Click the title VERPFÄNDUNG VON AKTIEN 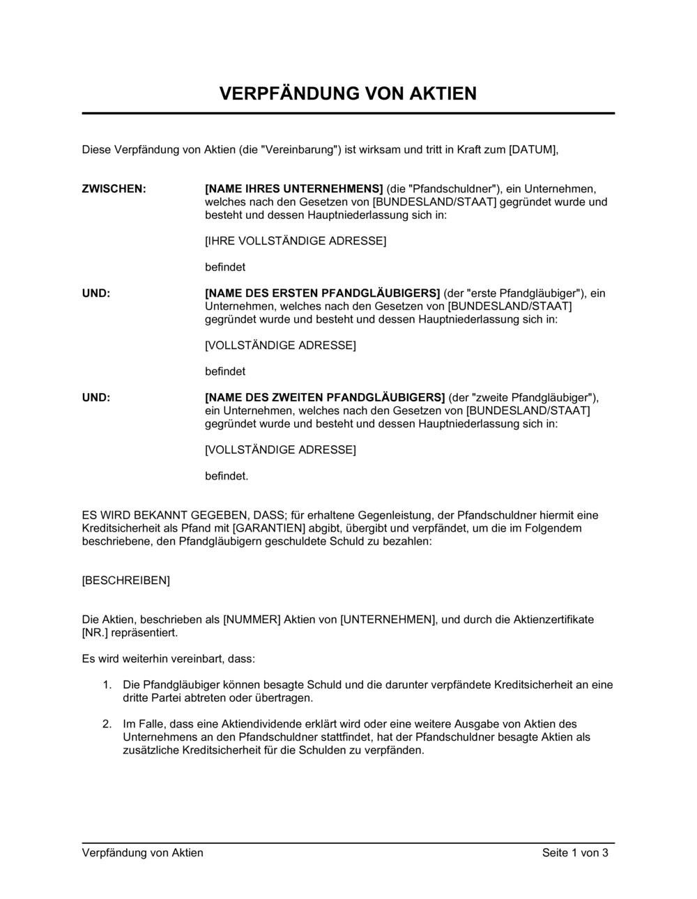tap(348, 93)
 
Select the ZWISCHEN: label tap(114, 189)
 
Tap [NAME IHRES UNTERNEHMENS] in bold tap(294, 189)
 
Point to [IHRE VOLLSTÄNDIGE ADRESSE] tap(296, 241)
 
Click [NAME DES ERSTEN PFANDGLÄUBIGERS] tap(322, 293)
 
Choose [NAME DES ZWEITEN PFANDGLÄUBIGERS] tap(325, 398)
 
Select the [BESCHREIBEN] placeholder tap(126, 581)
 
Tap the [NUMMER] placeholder tap(252, 620)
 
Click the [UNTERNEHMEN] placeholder tap(388, 620)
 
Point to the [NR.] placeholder tap(95, 633)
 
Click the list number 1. tap(107, 685)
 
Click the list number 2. tap(107, 724)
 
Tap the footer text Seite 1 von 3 tap(575, 853)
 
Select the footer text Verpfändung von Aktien tap(143, 853)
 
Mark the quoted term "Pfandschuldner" tap(443, 189)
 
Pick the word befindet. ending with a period tap(227, 477)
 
